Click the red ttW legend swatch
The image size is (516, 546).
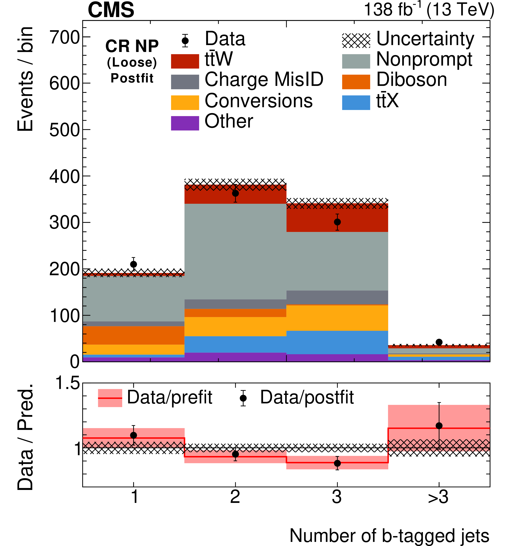(x=185, y=61)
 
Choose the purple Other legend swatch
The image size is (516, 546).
(x=185, y=123)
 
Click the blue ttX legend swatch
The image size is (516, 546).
(x=356, y=102)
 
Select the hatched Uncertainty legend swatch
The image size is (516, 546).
(x=356, y=40)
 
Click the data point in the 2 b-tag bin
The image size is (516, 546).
(x=235, y=193)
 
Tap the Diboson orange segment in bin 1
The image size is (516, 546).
(x=133, y=335)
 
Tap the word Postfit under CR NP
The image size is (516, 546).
(x=132, y=78)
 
